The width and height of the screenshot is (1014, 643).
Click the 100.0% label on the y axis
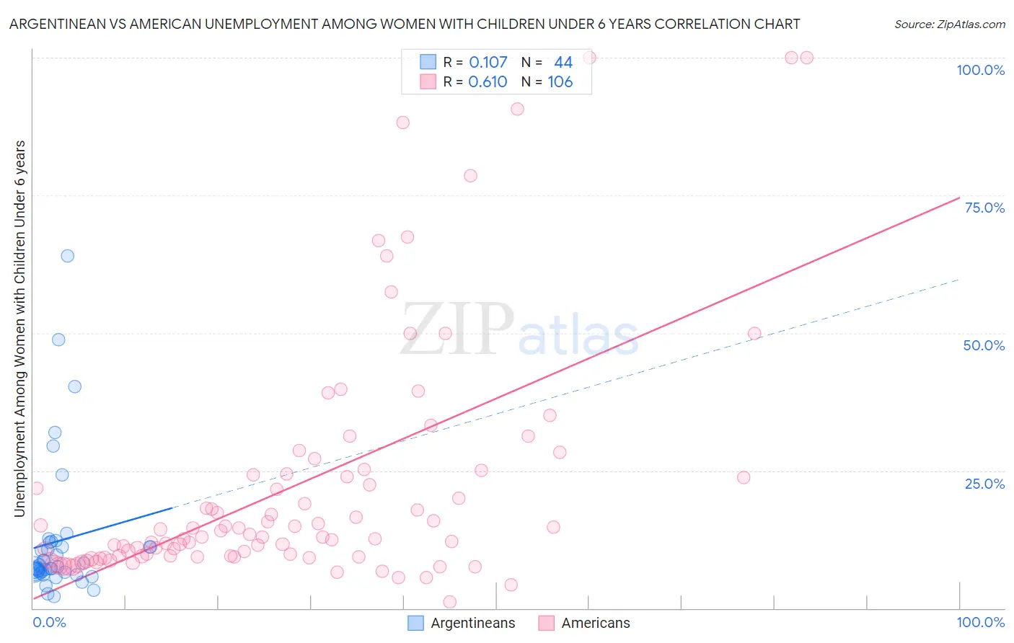coord(980,70)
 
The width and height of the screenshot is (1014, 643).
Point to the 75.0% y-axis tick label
coord(984,208)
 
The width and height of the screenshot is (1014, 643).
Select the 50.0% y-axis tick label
coord(984,345)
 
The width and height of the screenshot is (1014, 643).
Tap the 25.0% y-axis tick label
coord(984,484)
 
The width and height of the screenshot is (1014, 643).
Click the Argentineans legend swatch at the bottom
coord(416,623)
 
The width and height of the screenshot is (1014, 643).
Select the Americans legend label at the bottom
coord(596,623)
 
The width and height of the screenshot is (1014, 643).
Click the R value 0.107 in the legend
coord(488,63)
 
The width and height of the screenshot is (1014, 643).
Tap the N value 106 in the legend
coord(560,82)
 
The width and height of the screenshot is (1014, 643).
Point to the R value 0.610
coord(488,82)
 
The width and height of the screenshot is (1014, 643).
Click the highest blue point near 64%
coord(67,256)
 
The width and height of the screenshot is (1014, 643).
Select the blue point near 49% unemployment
coord(58,340)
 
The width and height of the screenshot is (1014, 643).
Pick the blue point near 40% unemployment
coord(74,386)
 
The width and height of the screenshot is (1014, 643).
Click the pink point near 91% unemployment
coord(517,109)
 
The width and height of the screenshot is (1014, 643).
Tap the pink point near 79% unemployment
coord(470,176)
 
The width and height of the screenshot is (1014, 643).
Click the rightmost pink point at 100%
coord(807,58)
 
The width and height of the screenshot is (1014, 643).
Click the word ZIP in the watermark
coord(457,329)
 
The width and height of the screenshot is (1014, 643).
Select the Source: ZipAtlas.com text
coord(949,25)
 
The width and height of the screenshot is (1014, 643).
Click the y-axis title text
coord(19,329)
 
